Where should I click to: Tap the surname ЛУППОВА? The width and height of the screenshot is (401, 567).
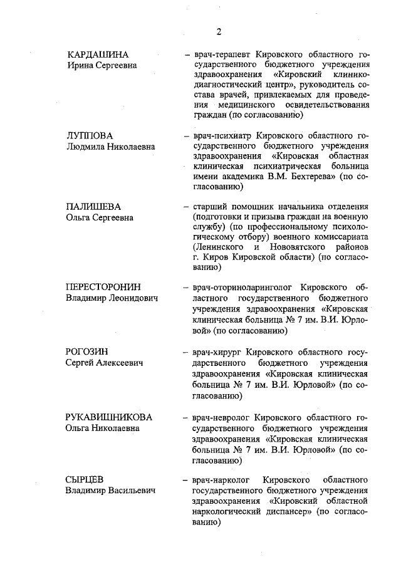(x=90, y=135)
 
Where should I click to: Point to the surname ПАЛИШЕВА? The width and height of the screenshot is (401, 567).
(x=93, y=207)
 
